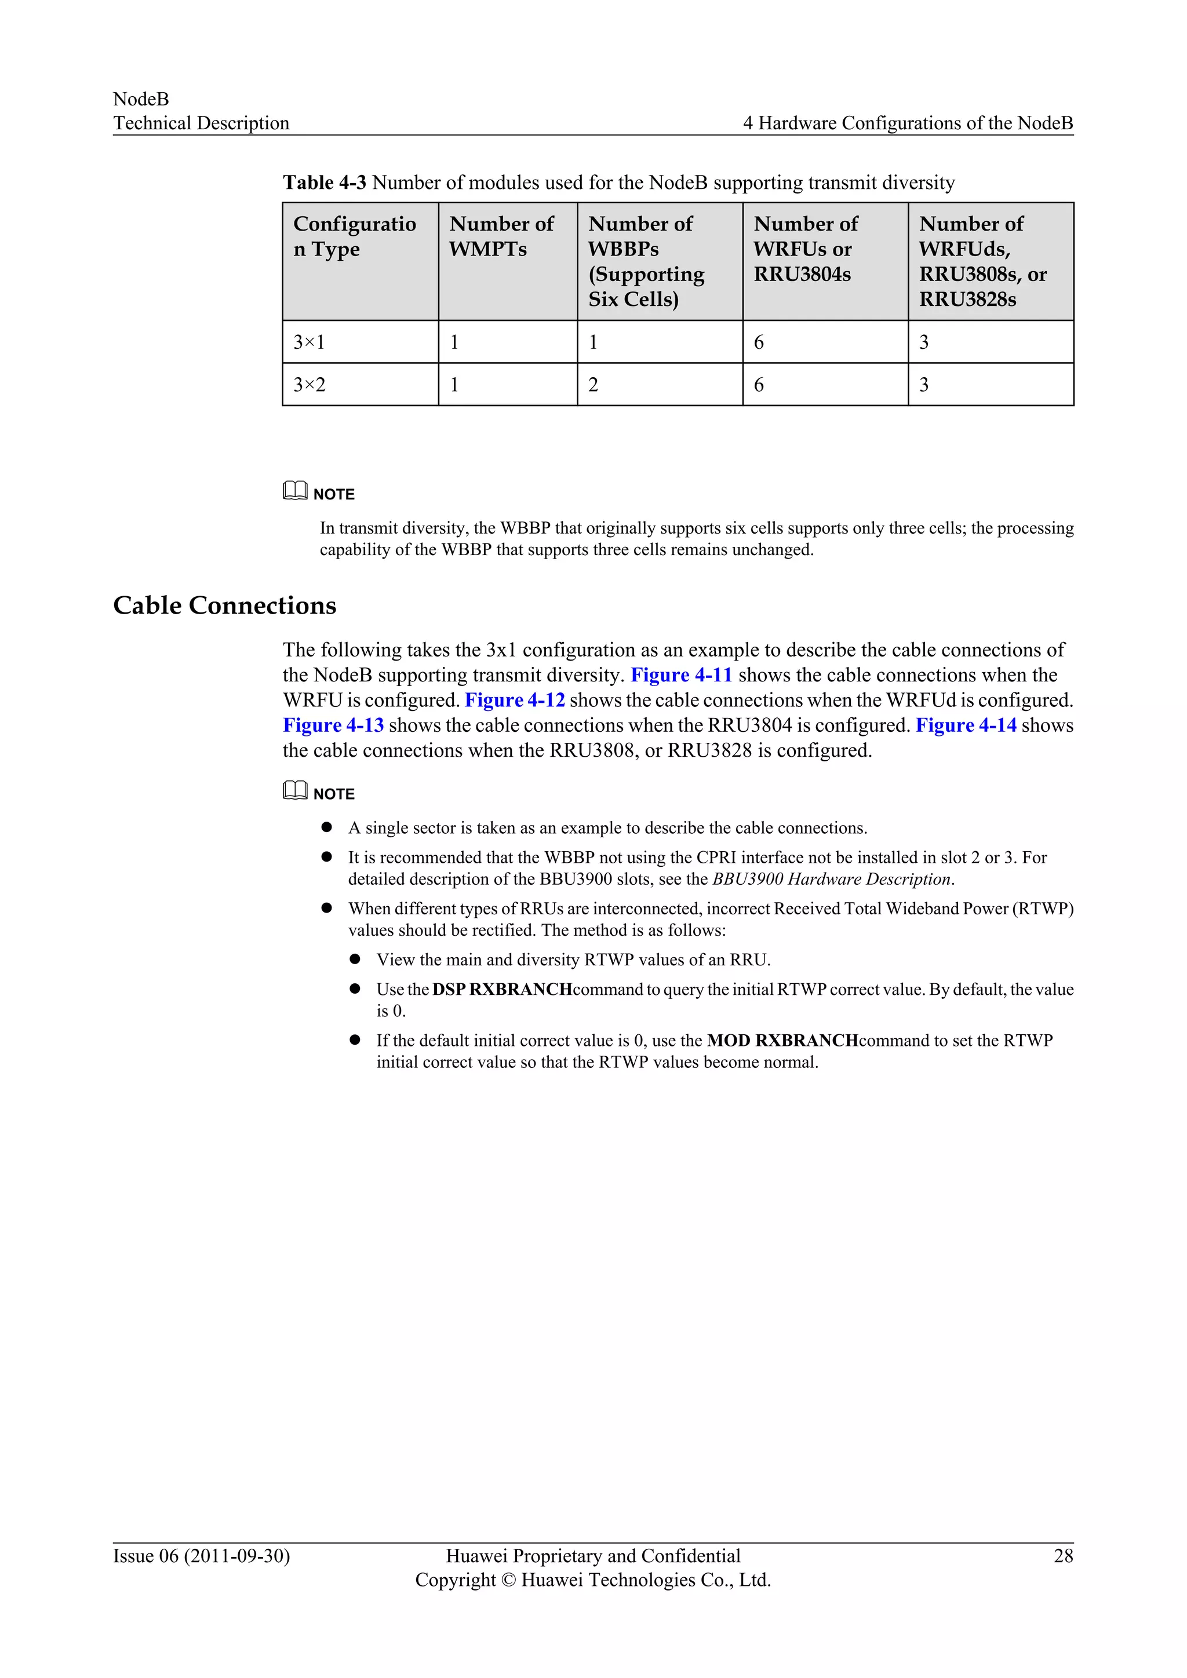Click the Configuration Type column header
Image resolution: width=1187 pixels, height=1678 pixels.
pyautogui.click(x=355, y=236)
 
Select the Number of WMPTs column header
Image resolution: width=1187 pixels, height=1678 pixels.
pyautogui.click(x=501, y=236)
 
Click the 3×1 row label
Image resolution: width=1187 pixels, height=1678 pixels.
pyautogui.click(x=309, y=342)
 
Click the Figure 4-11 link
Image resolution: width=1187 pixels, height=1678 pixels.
pyautogui.click(x=681, y=674)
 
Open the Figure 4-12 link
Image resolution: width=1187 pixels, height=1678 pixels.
pyautogui.click(x=515, y=700)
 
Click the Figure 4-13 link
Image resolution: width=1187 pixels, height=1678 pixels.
pyautogui.click(x=333, y=725)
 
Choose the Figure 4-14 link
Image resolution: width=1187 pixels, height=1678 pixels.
pyautogui.click(x=966, y=725)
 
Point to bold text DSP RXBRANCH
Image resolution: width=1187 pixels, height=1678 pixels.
pyautogui.click(x=502, y=990)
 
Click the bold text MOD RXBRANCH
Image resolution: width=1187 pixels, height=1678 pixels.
pyautogui.click(x=782, y=1041)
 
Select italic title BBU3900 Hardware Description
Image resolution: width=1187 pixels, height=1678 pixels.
pyautogui.click(x=832, y=879)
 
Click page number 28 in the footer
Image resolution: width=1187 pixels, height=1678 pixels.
pyautogui.click(x=1063, y=1556)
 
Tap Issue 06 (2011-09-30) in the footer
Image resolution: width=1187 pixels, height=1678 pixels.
pyautogui.click(x=201, y=1556)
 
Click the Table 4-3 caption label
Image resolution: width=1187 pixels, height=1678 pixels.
pyautogui.click(x=325, y=183)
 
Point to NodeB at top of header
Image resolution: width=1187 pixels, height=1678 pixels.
pyautogui.click(x=141, y=100)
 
